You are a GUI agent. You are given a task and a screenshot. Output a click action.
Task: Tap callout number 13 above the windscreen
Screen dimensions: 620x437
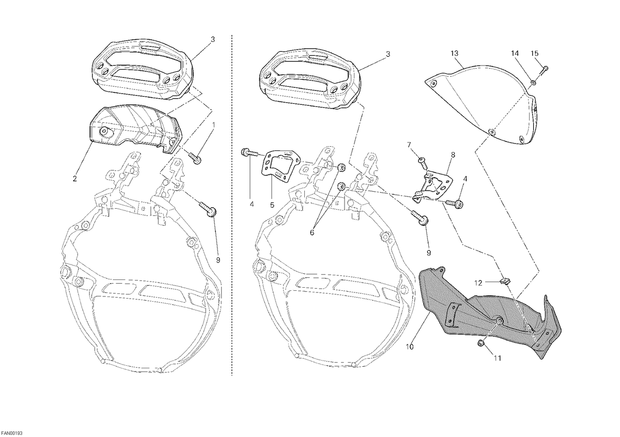[x=455, y=53]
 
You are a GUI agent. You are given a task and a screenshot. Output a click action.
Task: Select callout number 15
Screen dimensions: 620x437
[x=534, y=53]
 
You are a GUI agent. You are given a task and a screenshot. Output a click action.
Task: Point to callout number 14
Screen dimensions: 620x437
[x=515, y=53]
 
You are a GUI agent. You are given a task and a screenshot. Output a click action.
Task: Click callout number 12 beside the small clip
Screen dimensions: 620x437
[x=478, y=283]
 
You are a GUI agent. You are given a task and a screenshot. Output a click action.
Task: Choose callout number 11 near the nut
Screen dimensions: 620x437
[x=498, y=358]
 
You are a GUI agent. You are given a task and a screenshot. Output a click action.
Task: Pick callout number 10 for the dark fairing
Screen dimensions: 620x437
[x=410, y=347]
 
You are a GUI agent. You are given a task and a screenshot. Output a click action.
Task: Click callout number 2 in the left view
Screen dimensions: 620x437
[x=75, y=179]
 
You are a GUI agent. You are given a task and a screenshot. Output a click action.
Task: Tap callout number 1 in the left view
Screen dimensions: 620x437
[x=213, y=125]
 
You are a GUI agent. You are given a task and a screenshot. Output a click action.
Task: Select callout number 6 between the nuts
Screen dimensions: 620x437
[x=312, y=233]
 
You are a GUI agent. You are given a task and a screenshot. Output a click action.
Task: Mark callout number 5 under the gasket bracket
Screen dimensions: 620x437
[x=272, y=205]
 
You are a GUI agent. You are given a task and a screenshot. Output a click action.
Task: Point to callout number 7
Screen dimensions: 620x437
[x=409, y=145]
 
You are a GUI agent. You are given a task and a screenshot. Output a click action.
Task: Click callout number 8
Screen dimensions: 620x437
[x=453, y=155]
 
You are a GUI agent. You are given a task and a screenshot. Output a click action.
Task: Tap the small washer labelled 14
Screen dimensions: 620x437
[x=533, y=82]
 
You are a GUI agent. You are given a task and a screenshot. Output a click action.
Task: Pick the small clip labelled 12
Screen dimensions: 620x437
[x=505, y=282]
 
